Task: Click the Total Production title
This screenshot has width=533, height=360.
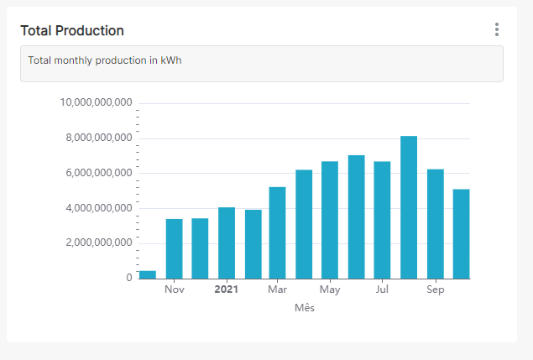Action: pyautogui.click(x=72, y=31)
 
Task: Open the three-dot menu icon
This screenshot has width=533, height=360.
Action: pyautogui.click(x=497, y=30)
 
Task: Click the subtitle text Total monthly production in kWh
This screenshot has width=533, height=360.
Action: pyautogui.click(x=105, y=60)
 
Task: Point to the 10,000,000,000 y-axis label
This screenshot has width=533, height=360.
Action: pyautogui.click(x=97, y=103)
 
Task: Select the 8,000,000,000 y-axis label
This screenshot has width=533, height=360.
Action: pyautogui.click(x=99, y=138)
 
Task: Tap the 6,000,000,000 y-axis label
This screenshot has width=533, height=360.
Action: pyautogui.click(x=99, y=173)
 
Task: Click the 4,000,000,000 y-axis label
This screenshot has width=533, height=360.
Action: pyautogui.click(x=99, y=208)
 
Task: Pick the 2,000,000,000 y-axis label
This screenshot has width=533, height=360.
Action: pyautogui.click(x=99, y=243)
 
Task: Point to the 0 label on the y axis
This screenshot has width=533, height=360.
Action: pyautogui.click(x=129, y=278)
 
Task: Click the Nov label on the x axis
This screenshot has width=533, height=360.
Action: pyautogui.click(x=174, y=290)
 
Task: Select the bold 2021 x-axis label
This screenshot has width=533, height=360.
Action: pyautogui.click(x=226, y=290)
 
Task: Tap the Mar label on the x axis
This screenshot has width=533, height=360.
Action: pyautogui.click(x=277, y=290)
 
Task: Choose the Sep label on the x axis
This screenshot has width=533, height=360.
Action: pyautogui.click(x=435, y=290)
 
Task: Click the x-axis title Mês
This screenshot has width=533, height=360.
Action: pyautogui.click(x=304, y=308)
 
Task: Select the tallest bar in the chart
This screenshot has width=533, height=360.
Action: pyautogui.click(x=409, y=207)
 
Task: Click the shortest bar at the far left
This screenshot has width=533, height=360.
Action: pyautogui.click(x=148, y=274)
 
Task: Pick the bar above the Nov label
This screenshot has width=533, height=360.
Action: pyautogui.click(x=174, y=248)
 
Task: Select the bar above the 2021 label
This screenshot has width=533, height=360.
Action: pyautogui.click(x=226, y=243)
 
